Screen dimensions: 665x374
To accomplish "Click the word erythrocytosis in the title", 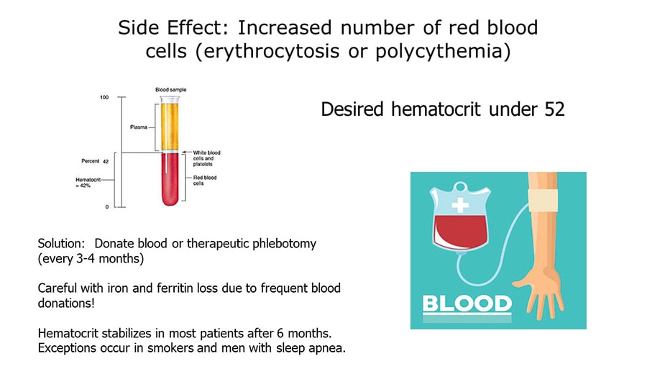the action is (x=272, y=51).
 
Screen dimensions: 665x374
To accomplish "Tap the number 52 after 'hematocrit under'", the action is (x=554, y=109).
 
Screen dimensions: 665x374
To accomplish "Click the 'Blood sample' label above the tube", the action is (x=170, y=90).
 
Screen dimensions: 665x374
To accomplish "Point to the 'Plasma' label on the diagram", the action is (x=139, y=127).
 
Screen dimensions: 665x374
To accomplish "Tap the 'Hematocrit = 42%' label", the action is (x=88, y=183).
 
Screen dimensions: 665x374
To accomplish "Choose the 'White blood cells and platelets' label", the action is (x=206, y=158).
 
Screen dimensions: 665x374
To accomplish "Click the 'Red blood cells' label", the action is (x=205, y=181).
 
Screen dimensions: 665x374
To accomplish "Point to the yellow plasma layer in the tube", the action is (x=170, y=126).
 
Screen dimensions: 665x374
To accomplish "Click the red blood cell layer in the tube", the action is (x=170, y=179).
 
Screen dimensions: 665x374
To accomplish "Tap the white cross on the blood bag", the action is (x=460, y=205).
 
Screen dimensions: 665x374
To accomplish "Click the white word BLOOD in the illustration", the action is (x=467, y=304).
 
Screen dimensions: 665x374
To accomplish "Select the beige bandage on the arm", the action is (x=543, y=201).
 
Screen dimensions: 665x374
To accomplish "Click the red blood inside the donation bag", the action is (x=460, y=232).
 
